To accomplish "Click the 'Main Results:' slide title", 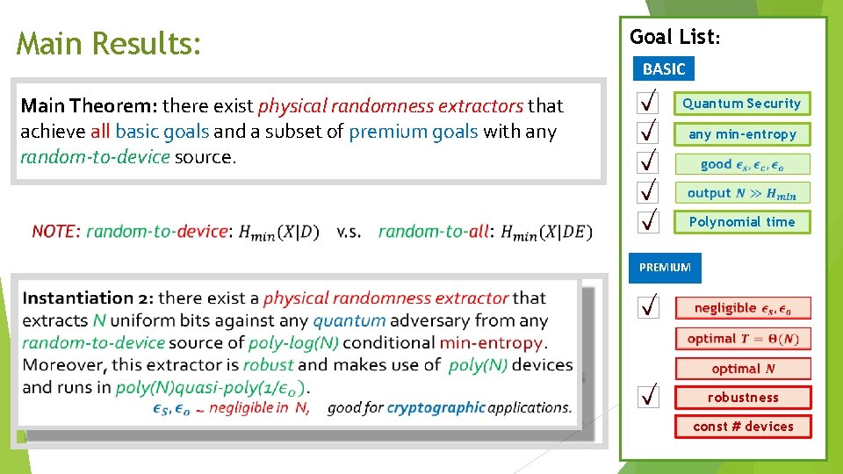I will (109, 43).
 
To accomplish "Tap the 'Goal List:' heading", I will (674, 37).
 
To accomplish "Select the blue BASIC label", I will (664, 68).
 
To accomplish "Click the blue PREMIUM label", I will (665, 267).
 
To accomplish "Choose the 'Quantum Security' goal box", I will (742, 104).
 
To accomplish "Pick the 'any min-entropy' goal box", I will (742, 134).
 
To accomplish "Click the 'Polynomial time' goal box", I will (742, 222).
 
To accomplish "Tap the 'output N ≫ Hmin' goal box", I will (742, 193).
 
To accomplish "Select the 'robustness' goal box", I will (743, 398).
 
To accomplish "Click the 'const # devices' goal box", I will (743, 427).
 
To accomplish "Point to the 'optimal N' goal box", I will (743, 369).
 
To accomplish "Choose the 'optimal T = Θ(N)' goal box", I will (743, 339).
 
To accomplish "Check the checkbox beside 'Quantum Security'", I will (647, 104).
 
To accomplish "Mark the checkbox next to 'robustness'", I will (647, 398).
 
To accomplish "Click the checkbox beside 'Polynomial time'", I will (647, 221).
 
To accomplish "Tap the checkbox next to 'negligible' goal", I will (647, 307).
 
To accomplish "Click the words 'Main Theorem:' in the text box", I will (89, 106).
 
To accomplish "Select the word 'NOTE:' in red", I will (56, 232).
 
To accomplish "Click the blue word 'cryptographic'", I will (436, 407).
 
